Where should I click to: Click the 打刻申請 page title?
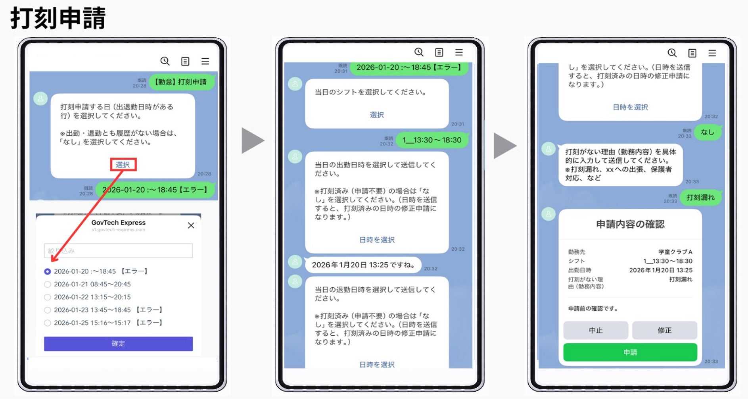(58, 18)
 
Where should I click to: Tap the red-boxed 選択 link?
(123, 165)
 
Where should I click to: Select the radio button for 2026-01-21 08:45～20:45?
(48, 284)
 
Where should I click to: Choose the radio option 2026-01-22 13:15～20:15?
(48, 297)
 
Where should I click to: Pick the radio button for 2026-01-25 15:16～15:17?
(48, 323)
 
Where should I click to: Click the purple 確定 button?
(118, 344)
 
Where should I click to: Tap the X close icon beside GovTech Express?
(191, 225)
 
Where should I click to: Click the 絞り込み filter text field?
(118, 251)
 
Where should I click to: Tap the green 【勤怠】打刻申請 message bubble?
(181, 82)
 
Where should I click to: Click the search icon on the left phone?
(165, 61)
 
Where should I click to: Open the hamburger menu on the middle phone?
(459, 52)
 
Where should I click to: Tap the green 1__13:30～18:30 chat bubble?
(432, 140)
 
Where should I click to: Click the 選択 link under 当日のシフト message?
(377, 115)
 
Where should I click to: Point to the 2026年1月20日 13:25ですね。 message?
(363, 265)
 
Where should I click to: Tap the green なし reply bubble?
(707, 132)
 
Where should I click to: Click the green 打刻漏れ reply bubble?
(700, 197)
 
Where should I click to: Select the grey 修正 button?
(664, 330)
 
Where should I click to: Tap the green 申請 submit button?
(630, 352)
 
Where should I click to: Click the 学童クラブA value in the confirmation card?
(675, 252)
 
